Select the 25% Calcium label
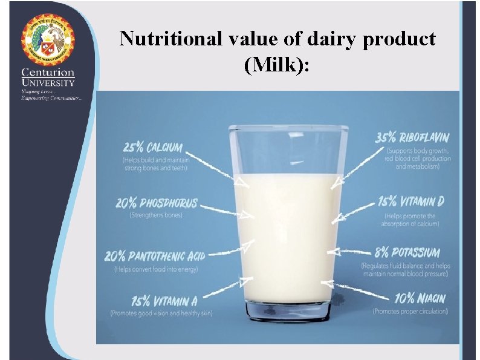pos(152,148)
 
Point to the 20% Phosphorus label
pos(157,203)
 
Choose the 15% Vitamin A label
pos(158,300)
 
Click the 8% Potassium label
pos(408,252)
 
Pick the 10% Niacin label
pos(420,298)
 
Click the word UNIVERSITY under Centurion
pos(48,82)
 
